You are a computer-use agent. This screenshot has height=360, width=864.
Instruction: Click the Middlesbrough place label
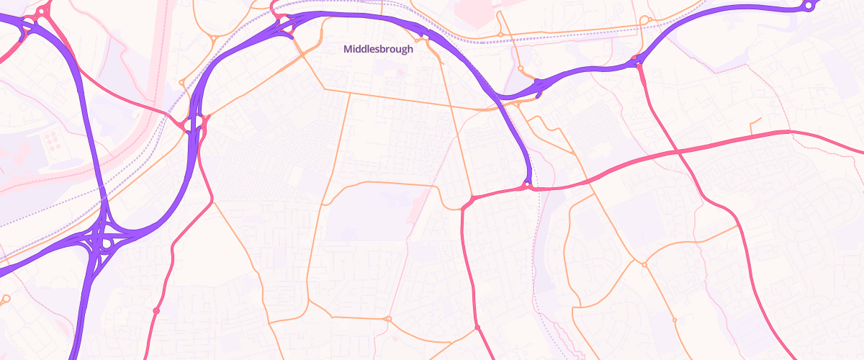(379, 50)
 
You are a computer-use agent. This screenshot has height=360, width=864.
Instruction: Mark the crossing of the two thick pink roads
(678, 151)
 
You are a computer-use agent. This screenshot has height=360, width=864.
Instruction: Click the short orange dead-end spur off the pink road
(753, 125)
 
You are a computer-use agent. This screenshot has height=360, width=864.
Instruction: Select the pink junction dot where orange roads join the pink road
(477, 328)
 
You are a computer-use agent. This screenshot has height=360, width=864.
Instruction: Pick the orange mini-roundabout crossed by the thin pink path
(389, 318)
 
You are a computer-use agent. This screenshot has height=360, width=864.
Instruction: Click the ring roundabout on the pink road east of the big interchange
(156, 310)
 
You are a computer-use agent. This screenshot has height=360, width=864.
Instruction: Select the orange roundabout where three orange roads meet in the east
(644, 265)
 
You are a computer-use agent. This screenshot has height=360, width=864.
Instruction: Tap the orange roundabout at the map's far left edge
(6, 298)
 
